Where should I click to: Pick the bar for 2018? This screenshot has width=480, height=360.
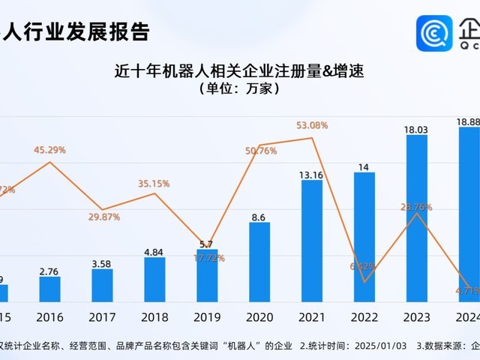154,279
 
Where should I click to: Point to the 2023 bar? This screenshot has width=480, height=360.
417,217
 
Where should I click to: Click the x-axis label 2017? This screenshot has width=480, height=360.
102,316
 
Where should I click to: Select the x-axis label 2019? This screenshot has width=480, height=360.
207,316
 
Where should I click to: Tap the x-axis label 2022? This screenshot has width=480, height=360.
364,316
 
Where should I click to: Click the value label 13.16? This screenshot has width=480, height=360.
312,175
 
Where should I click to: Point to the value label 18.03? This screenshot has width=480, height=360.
416,130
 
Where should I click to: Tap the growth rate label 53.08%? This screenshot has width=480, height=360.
312,125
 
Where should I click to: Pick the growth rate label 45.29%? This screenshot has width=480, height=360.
49,150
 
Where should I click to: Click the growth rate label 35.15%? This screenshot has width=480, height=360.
154,183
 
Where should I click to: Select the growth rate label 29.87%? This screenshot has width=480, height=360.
103,216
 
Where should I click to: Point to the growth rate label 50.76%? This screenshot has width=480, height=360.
260,151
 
